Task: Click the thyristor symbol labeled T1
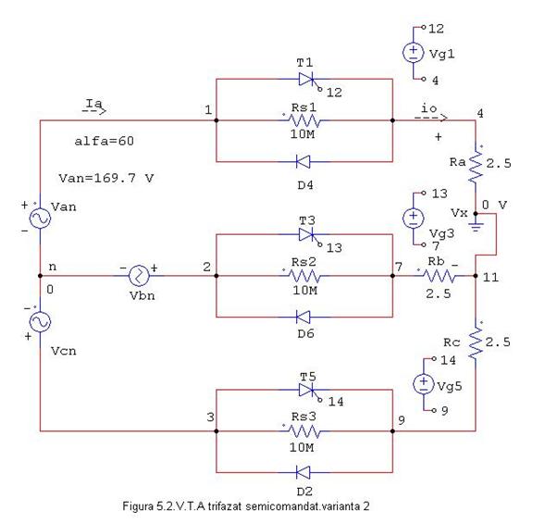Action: pos(307,80)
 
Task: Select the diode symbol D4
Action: pos(304,162)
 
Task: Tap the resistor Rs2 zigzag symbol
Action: pos(304,276)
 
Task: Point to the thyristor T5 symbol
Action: pos(307,390)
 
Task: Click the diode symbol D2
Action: pos(304,472)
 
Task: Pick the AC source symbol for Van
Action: pos(40,218)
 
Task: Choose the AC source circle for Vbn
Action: pos(139,276)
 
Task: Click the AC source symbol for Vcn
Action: pos(40,321)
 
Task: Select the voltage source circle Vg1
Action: pos(414,53)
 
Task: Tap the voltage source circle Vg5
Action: pos(424,384)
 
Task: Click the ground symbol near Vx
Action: pos(476,226)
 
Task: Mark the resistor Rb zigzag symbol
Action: pos(440,276)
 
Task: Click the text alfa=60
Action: pos(104,141)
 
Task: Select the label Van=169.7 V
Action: pos(106,178)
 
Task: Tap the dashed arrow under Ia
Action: pos(94,111)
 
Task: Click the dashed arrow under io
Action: pos(430,118)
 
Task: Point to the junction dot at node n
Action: pos(40,276)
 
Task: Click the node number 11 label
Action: pos(491,278)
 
